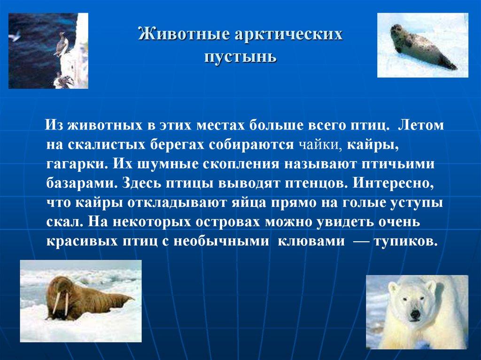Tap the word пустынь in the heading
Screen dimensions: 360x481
pos(240,57)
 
